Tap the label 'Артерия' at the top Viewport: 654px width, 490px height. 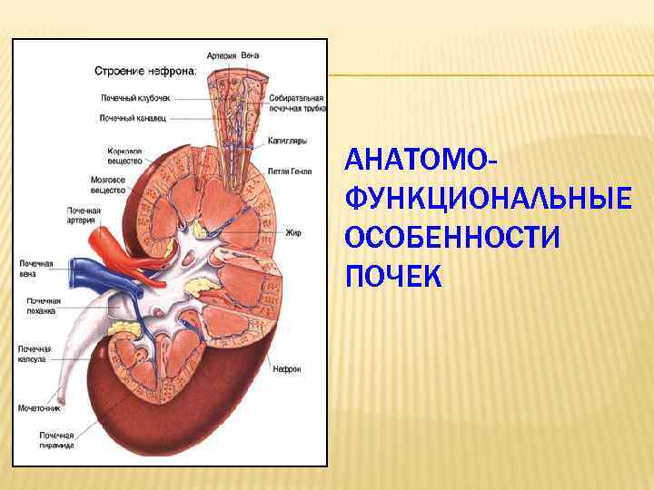(221, 55)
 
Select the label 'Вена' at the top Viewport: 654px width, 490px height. (250, 55)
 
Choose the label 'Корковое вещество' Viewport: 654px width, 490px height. (124, 155)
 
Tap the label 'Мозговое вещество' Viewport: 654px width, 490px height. (108, 185)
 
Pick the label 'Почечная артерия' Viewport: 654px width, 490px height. (83, 215)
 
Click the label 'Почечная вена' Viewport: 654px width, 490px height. (36, 269)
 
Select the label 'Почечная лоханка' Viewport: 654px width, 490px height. (43, 305)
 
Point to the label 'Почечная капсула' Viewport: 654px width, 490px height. (35, 354)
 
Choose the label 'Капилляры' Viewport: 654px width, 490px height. (287, 141)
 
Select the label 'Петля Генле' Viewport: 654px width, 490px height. (291, 170)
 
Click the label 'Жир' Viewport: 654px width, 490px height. (292, 233)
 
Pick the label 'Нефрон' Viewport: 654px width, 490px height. (290, 369)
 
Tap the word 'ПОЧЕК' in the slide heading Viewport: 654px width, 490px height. (393, 275)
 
